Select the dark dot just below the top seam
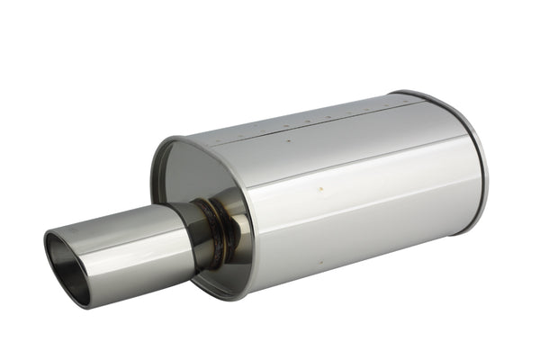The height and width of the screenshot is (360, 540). click(288, 140)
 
